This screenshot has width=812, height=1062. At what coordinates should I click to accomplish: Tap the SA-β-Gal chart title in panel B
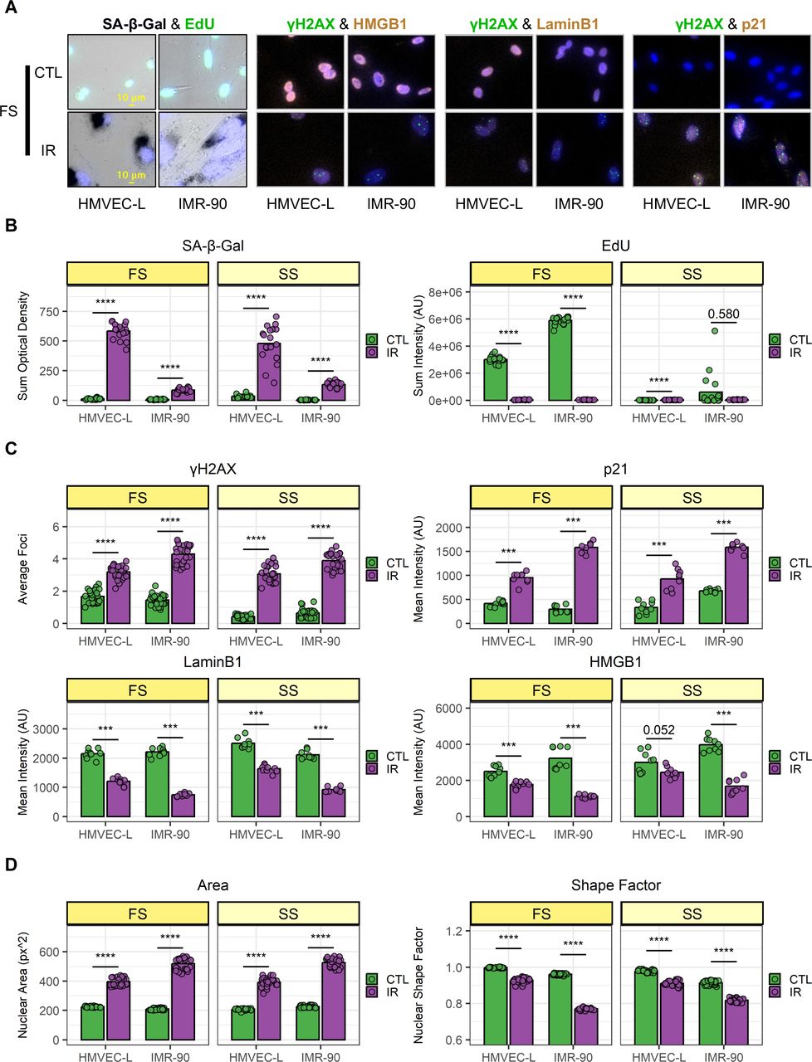pyautogui.click(x=213, y=246)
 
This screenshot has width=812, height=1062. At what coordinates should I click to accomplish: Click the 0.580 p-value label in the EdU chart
pyautogui.click(x=723, y=314)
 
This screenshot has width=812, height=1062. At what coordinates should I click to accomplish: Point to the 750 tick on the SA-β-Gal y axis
pyautogui.click(x=49, y=311)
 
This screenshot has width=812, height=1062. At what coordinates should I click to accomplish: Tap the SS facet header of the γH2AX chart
pyautogui.click(x=288, y=497)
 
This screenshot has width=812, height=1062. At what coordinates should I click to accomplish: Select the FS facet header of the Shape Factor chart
pyautogui.click(x=541, y=913)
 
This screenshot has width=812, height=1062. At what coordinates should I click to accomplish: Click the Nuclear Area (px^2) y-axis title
pyautogui.click(x=22, y=985)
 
